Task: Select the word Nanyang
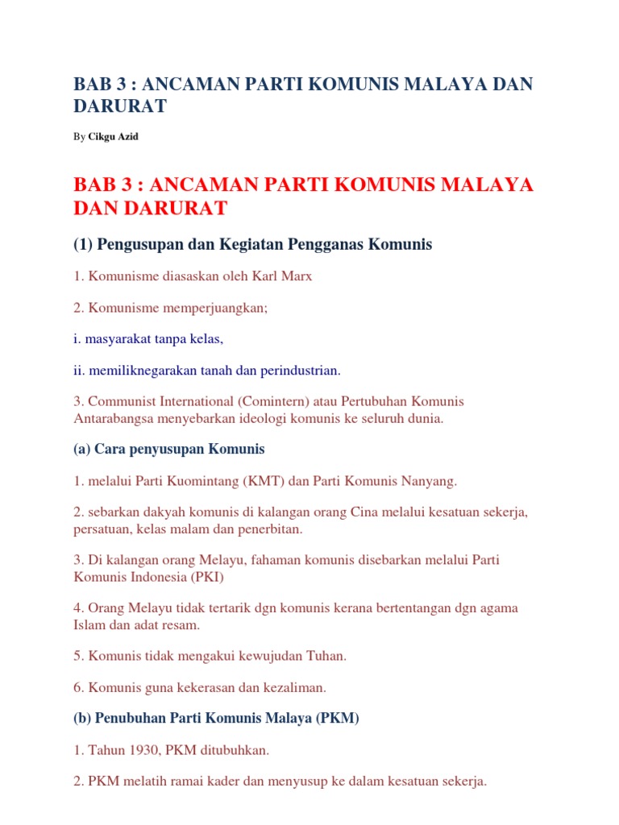430,481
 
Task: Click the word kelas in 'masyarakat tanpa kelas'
203,340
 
